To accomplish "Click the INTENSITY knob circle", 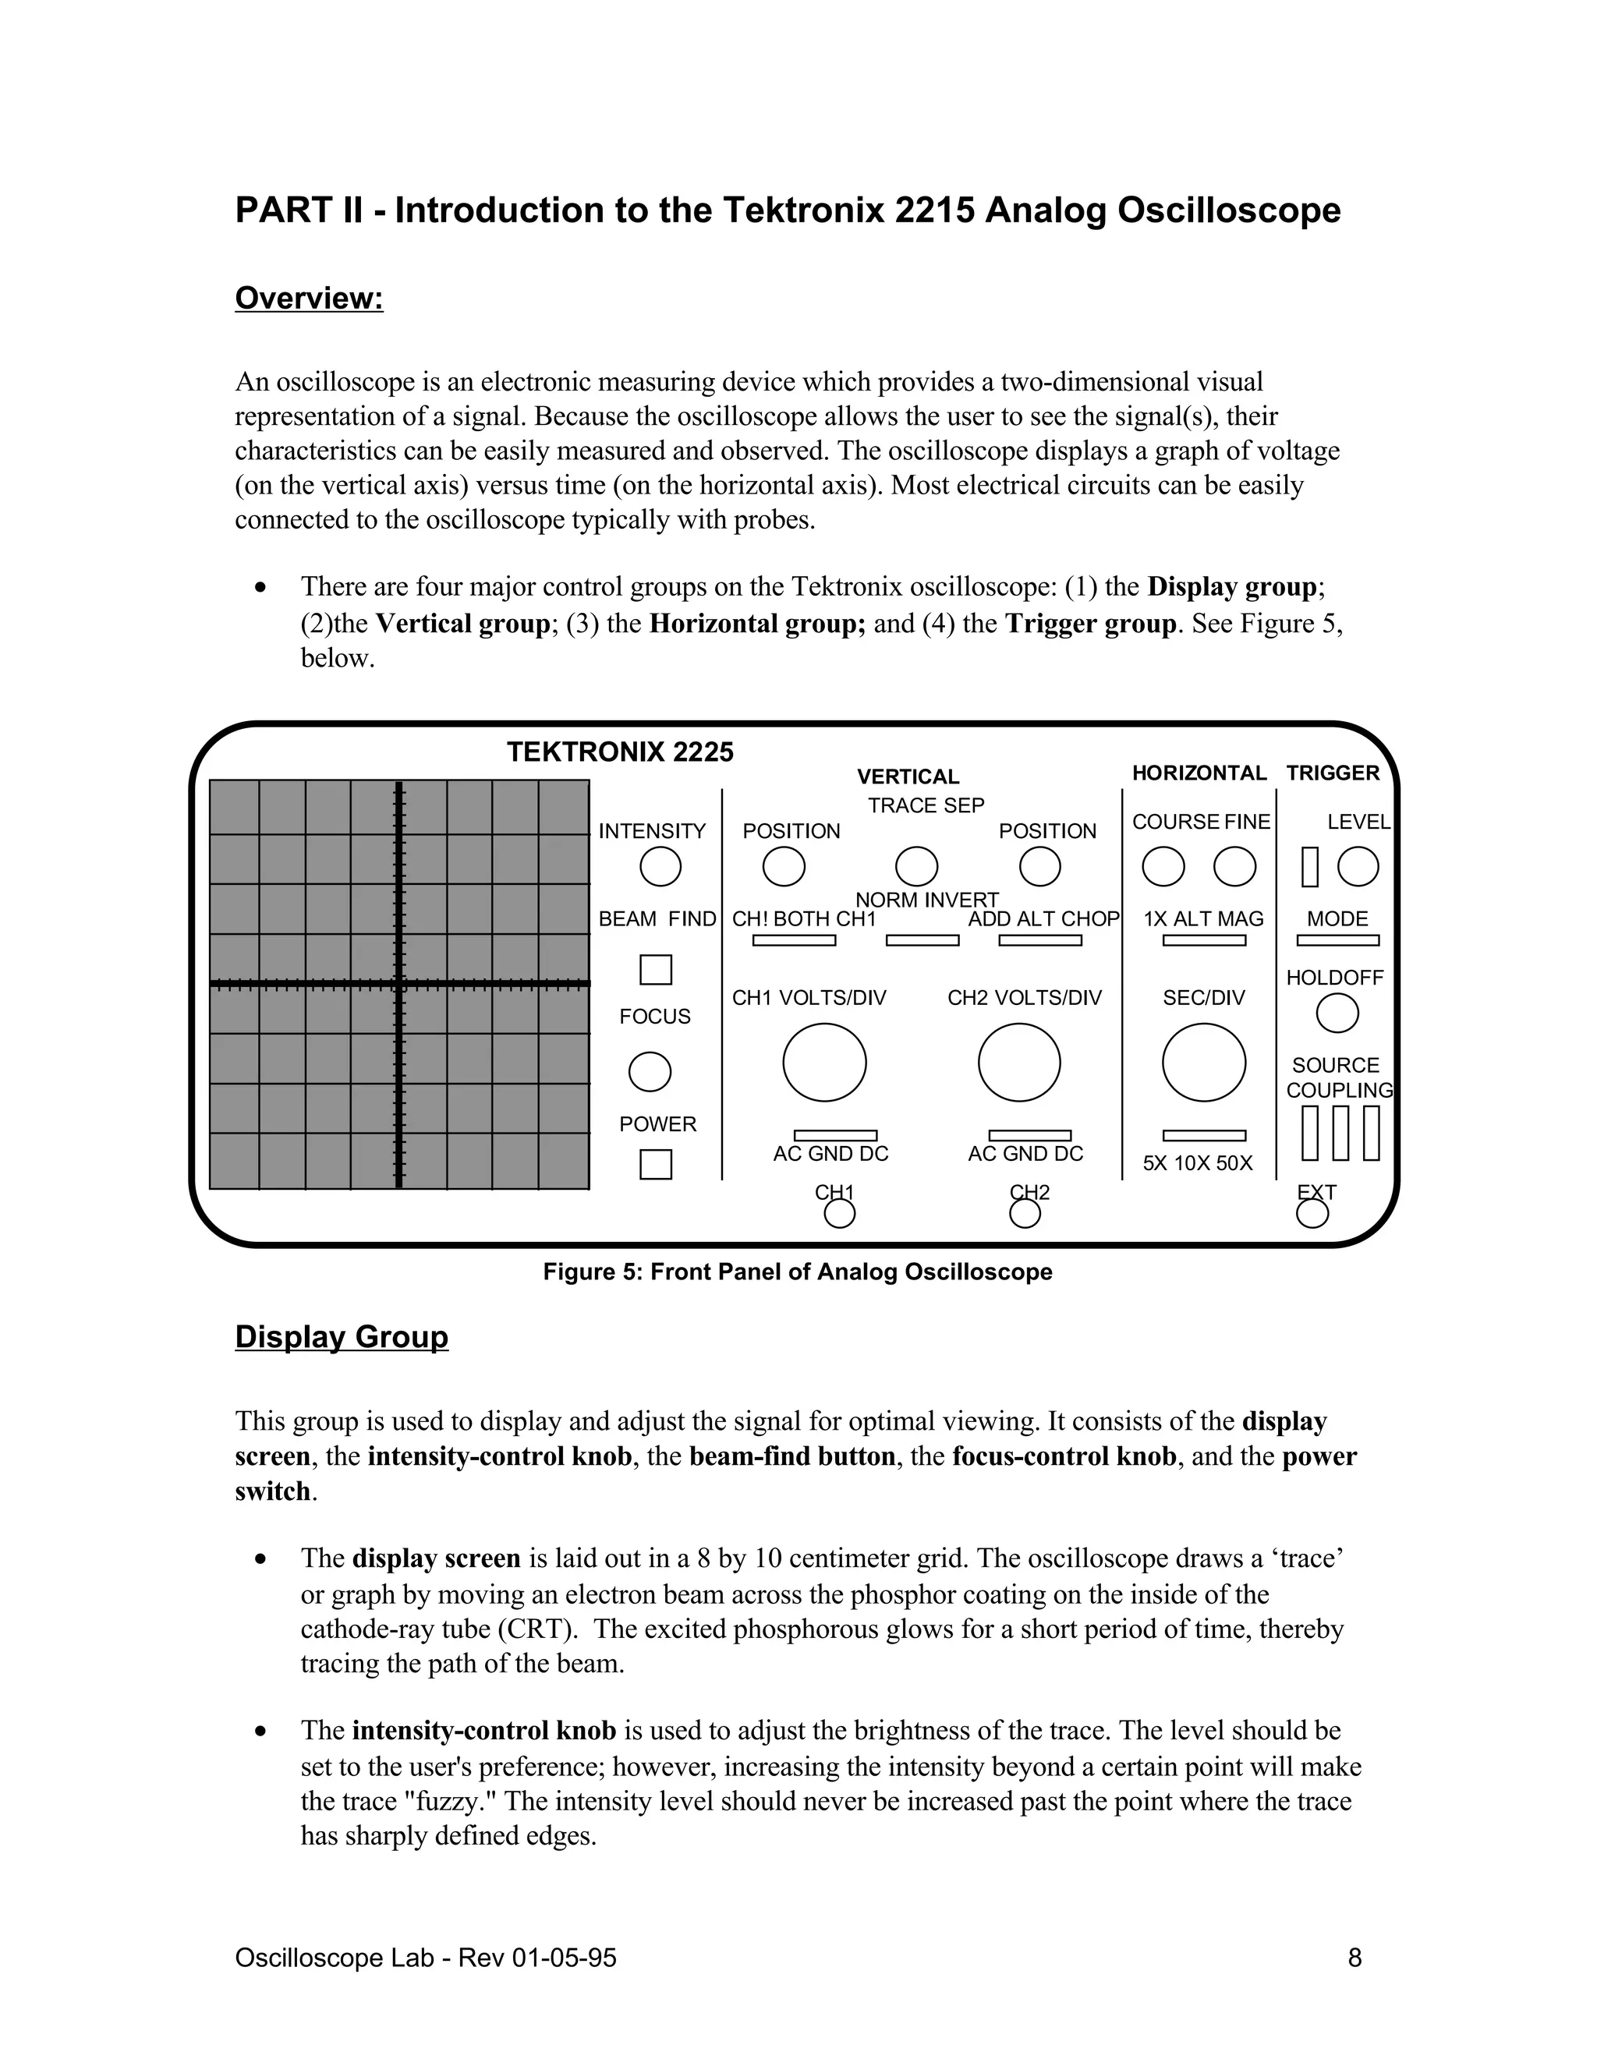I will [x=660, y=866].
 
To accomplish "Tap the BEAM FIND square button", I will [x=656, y=970].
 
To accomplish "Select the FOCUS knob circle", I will [x=650, y=1072].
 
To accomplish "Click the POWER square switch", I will [x=656, y=1163].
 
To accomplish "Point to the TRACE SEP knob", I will [x=915, y=866].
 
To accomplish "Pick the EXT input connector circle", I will [x=1312, y=1213].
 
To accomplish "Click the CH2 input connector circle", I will [x=1025, y=1213].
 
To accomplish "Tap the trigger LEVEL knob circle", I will [x=1358, y=866].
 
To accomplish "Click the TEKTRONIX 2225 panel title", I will [x=620, y=752].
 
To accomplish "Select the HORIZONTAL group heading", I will [x=1199, y=773].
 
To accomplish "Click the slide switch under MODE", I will [x=1337, y=940].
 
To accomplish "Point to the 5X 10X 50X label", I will [x=1197, y=1163].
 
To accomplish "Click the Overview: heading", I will [x=309, y=298].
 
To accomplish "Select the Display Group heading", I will [x=342, y=1336].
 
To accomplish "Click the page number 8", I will [x=1354, y=1958].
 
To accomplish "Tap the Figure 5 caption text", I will [x=797, y=1272].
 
